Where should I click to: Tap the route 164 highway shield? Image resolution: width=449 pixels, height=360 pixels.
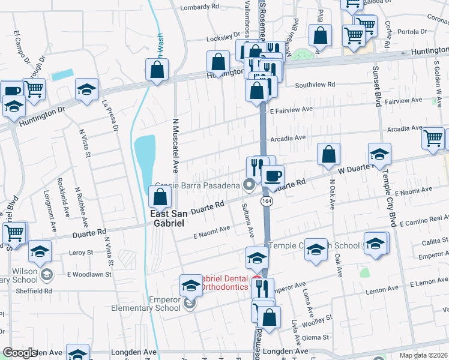266,202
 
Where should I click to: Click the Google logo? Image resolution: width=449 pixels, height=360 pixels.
20,353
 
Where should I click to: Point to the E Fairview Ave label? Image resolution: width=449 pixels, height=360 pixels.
292,110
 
